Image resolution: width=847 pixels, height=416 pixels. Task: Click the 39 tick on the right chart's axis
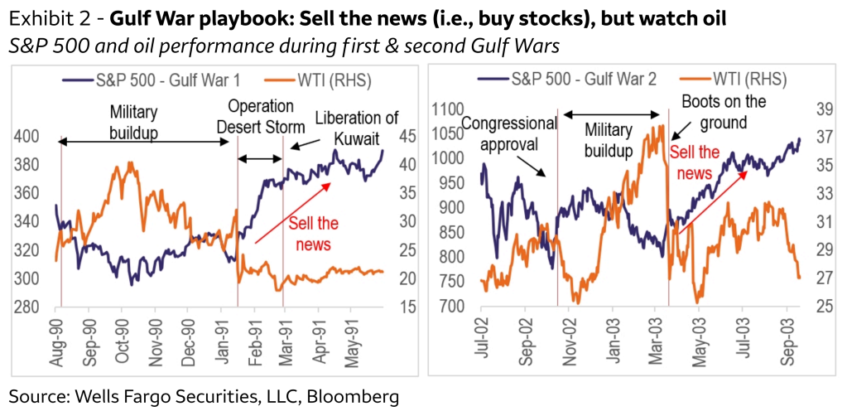[821, 109]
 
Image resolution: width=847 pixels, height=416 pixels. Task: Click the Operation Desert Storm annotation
[261, 117]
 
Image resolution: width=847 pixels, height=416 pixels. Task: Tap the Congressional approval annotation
[508, 133]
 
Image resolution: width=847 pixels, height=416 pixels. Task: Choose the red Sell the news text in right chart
[694, 162]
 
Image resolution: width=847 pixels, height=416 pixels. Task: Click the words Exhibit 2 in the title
[43, 19]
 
